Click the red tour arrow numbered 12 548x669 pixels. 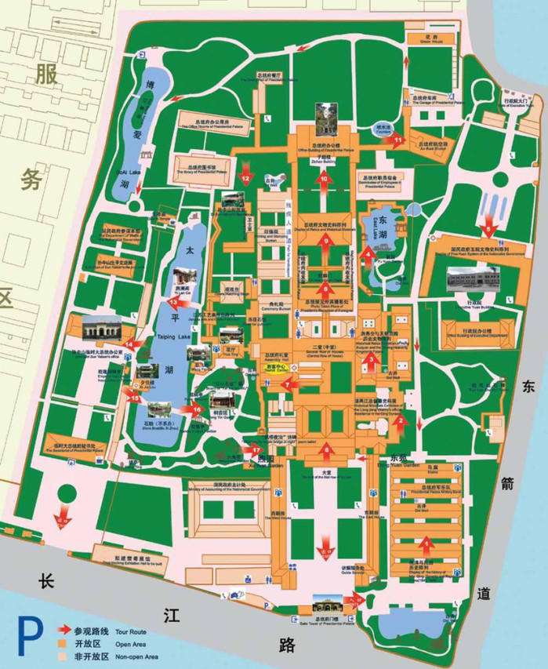pos(245,171)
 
